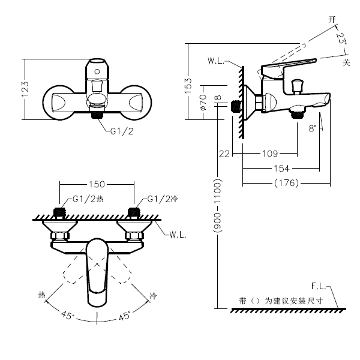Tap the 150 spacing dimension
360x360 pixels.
pyautogui.click(x=97, y=184)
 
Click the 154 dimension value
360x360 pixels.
pyautogui.click(x=282, y=169)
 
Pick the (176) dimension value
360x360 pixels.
pyautogui.click(x=286, y=184)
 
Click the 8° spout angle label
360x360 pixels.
pyautogui.click(x=312, y=128)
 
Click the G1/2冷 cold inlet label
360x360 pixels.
pyautogui.click(x=158, y=199)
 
